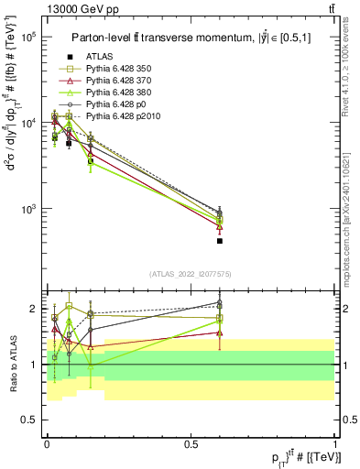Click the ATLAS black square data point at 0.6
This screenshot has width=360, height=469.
pos(220,241)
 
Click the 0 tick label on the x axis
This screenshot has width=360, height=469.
pos(48,442)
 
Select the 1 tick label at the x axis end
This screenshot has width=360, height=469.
pos(335,442)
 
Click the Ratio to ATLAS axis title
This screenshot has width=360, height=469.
pos(13,364)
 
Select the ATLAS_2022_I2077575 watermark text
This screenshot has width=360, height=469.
pos(191,273)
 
